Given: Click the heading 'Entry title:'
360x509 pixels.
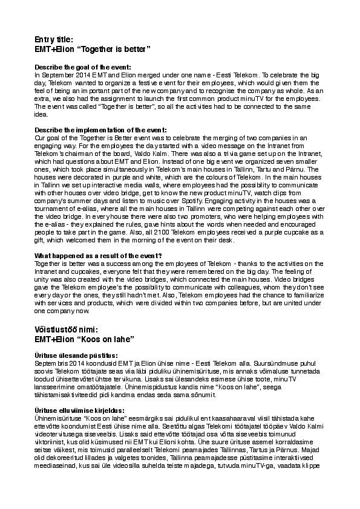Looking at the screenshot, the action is click(54, 39).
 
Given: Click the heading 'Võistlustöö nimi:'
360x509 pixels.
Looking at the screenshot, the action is click(71, 329).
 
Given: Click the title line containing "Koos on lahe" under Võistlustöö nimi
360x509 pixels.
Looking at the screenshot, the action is click(83, 339).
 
